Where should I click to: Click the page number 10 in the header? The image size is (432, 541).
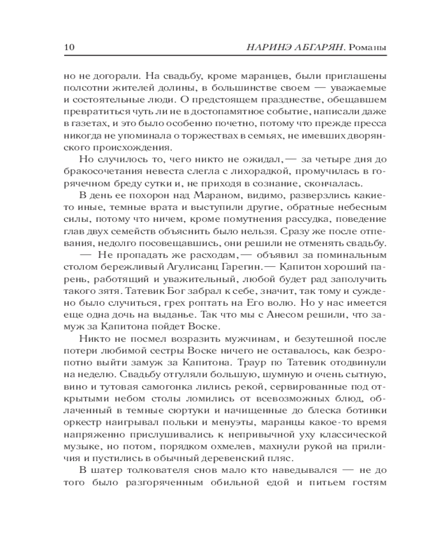tap(70, 48)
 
